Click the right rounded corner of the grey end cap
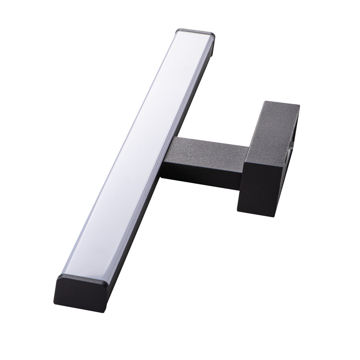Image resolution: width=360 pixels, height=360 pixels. (x=214, y=34)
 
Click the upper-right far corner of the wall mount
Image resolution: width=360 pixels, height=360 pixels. (x=299, y=105)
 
